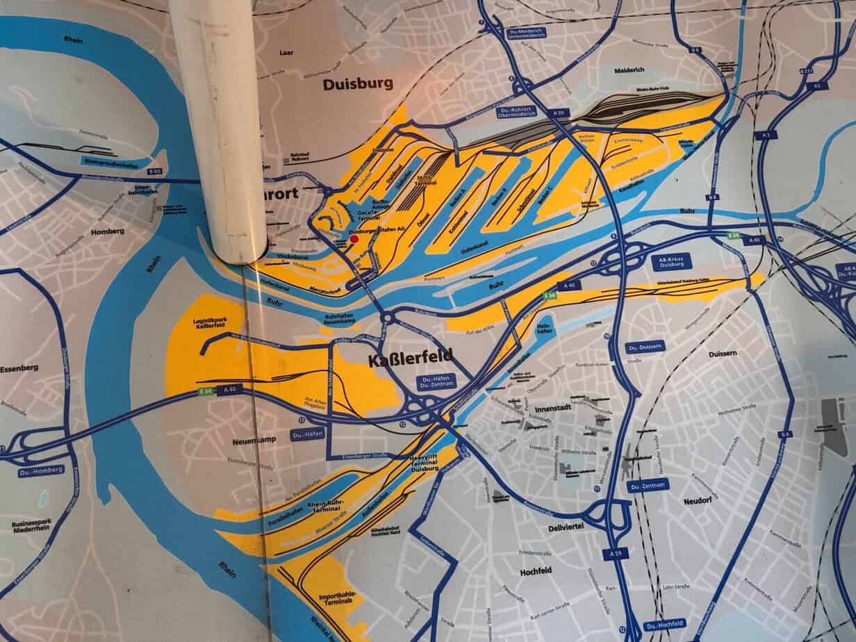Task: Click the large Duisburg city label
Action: pyautogui.click(x=358, y=84)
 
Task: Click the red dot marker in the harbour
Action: pyautogui.click(x=354, y=238)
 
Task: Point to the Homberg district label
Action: pyautogui.click(x=107, y=231)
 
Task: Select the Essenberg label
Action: pyautogui.click(x=19, y=368)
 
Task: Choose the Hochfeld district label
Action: pyautogui.click(x=535, y=572)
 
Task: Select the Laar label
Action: pyautogui.click(x=286, y=52)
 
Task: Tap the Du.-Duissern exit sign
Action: pyautogui.click(x=645, y=346)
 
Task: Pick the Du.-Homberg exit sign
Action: pyautogui.click(x=41, y=470)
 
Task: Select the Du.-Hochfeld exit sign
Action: pyautogui.click(x=664, y=624)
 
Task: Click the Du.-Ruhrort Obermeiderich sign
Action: pyautogui.click(x=514, y=113)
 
